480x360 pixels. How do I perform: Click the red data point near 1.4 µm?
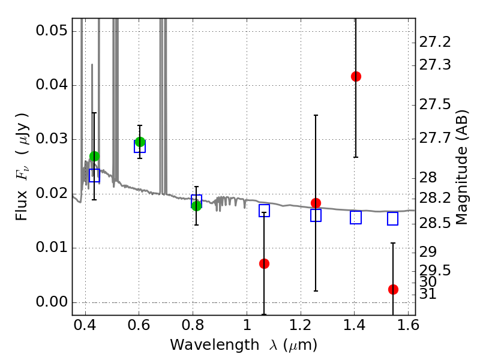pos(356,76)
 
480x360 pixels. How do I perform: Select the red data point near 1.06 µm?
pos(264,263)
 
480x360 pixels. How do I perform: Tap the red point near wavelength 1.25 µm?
pos(316,203)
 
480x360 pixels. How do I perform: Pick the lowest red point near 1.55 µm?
pos(393,289)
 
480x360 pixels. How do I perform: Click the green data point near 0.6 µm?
pos(140,142)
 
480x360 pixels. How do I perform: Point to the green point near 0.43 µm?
pos(95,156)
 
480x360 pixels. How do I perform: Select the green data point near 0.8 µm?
pos(197,206)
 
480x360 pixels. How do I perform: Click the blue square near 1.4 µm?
pos(356,217)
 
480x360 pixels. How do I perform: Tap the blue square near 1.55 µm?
pos(393,218)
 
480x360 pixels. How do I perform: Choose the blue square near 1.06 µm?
pos(264,211)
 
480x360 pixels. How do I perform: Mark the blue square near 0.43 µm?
pos(94,175)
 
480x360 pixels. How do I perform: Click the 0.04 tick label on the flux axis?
pos(52,85)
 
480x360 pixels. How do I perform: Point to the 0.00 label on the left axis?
pos(52,302)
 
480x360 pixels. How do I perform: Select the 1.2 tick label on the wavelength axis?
pos(301,325)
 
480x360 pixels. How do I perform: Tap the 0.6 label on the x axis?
pos(139,325)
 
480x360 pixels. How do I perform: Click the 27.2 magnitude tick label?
pos(434,42)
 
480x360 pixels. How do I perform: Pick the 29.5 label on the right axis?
pos(434,271)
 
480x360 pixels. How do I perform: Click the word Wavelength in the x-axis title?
pos(215,345)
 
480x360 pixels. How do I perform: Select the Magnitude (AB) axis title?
pos(462,167)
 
